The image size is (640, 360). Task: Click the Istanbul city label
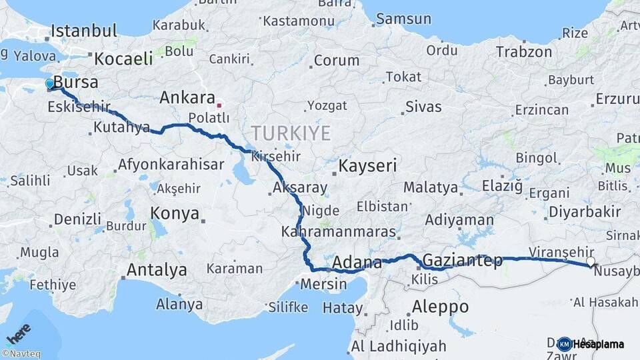[84, 31]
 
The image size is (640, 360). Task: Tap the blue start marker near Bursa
[50, 84]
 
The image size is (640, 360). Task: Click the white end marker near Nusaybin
[590, 262]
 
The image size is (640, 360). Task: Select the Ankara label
[187, 98]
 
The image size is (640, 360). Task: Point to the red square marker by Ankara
[219, 105]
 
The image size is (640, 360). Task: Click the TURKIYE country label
[290, 133]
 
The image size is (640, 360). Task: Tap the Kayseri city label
[367, 165]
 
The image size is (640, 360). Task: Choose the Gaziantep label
[463, 261]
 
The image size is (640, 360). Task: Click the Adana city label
[357, 262]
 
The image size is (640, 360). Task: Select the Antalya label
[157, 270]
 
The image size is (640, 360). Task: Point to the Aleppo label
[440, 307]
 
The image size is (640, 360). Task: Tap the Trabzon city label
[524, 52]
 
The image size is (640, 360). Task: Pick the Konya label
[175, 213]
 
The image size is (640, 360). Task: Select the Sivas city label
[423, 105]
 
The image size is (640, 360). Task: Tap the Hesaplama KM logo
[591, 344]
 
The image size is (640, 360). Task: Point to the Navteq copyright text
[21, 354]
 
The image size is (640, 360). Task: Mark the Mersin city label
[324, 284]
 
